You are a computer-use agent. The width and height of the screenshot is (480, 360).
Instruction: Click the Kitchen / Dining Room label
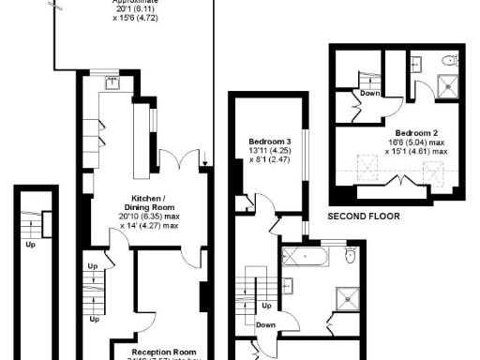click(149, 203)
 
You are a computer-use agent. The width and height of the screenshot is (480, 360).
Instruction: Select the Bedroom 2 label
click(414, 132)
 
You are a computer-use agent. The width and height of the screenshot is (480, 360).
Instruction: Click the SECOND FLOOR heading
click(364, 216)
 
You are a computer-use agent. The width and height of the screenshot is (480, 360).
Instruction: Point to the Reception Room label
click(151, 347)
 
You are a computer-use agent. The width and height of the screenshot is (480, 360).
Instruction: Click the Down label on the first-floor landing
click(265, 325)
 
